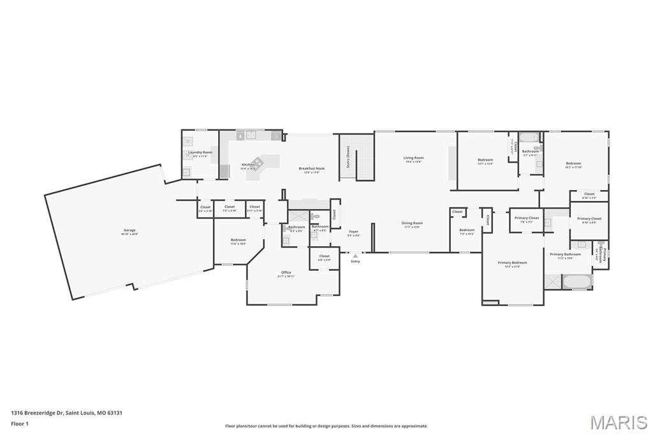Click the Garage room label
129,230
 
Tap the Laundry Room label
200,152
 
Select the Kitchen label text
248,165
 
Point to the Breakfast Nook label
312,168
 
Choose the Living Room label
414,158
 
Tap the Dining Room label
412,223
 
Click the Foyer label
353,232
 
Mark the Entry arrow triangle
355,256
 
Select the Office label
286,273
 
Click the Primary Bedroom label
513,263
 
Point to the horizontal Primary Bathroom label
565,254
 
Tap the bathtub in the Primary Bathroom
578,281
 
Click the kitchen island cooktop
258,162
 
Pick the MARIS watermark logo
619,422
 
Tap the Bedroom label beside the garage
238,240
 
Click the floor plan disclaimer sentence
326,426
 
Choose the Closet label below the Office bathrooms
325,256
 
